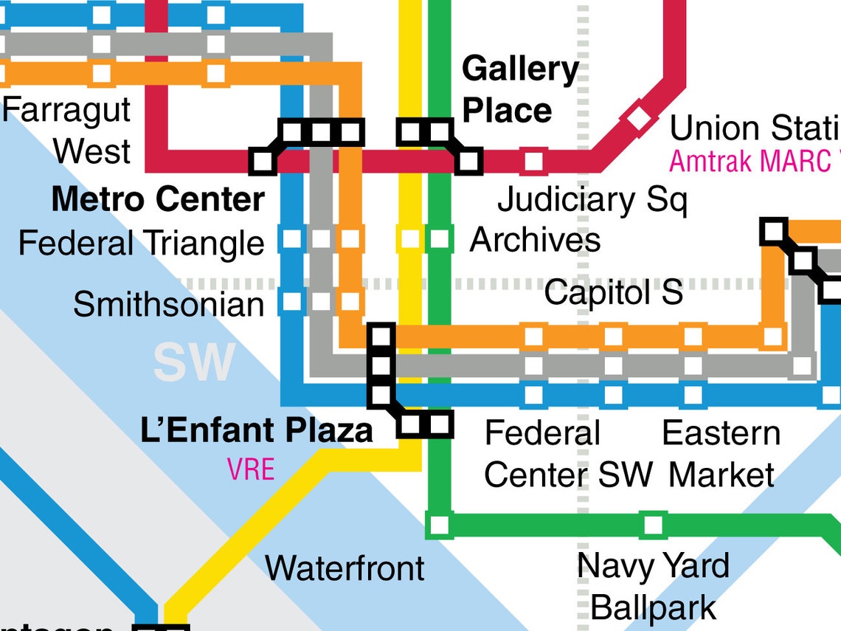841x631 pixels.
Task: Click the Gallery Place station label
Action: point(519,90)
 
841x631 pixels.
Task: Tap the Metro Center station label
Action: point(158,199)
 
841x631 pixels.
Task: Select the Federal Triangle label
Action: point(141,243)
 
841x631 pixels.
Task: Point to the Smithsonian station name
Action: point(168,304)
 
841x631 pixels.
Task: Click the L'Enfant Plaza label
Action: point(256,430)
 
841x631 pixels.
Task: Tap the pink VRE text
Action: point(251,469)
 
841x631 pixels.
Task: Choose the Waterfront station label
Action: point(345,568)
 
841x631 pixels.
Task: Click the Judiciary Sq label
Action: point(592,199)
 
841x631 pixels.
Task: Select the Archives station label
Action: point(535,240)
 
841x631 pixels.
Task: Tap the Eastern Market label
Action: point(721,454)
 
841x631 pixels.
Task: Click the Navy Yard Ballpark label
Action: point(653,587)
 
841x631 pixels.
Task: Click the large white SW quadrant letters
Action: point(194,362)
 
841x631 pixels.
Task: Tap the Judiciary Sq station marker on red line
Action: point(533,160)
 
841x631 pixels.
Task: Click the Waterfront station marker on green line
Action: point(438,525)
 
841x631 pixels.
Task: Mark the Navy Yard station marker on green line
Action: point(652,525)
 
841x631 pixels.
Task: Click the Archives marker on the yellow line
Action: point(410,239)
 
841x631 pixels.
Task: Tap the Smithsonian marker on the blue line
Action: point(292,301)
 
